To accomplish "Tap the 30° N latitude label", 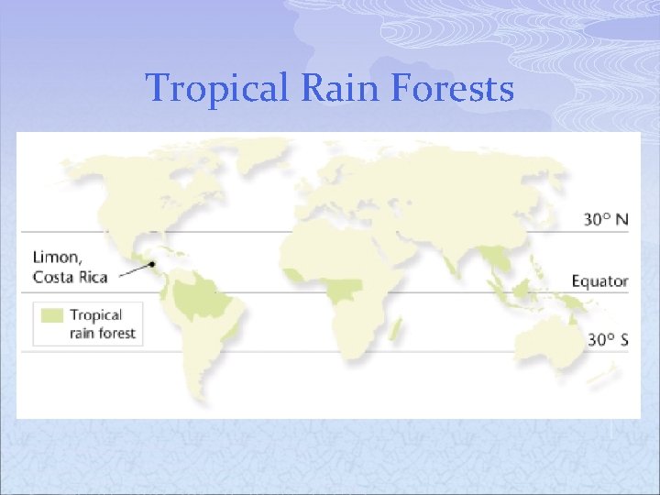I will (x=606, y=220).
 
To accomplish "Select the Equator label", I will (x=599, y=280).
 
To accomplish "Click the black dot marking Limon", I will (x=151, y=263).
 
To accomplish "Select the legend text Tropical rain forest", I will (x=102, y=324).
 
